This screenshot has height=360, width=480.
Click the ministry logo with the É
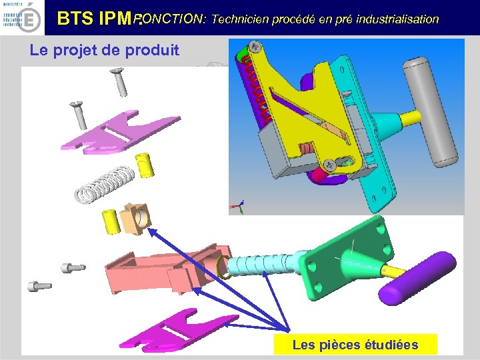pos(21,18)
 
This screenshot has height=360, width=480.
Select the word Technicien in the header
pos(238,19)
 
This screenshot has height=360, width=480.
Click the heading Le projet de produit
pos(105,50)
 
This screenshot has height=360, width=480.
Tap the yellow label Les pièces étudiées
pos(355,345)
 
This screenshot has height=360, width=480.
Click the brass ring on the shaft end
pos(224,267)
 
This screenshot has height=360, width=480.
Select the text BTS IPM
pos(97,19)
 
